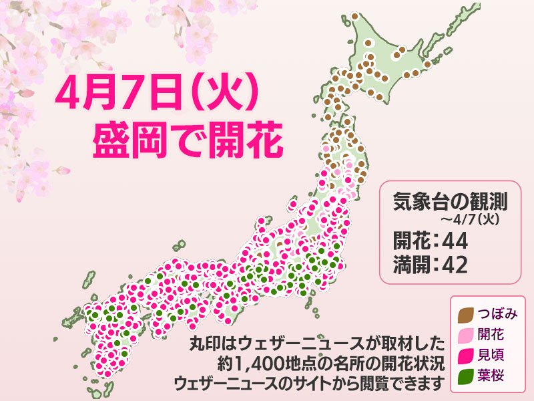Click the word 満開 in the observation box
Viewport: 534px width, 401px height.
[x=405, y=264]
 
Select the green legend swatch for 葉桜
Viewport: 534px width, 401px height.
[x=467, y=375]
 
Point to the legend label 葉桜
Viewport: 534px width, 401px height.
[x=491, y=375]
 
